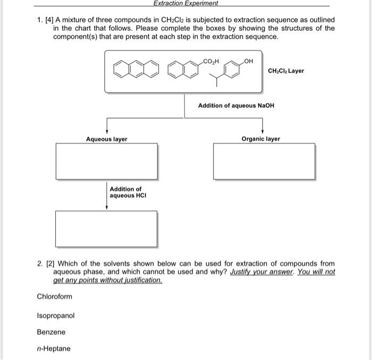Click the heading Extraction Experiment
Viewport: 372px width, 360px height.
pyautogui.click(x=185, y=3)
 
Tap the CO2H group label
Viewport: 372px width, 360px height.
pyautogui.click(x=212, y=61)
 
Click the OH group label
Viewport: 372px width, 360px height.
pyautogui.click(x=248, y=61)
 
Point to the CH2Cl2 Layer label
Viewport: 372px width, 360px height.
pyautogui.click(x=286, y=71)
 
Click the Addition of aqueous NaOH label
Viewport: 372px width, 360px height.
pyautogui.click(x=236, y=106)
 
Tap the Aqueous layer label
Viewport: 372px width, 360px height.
pyautogui.click(x=107, y=139)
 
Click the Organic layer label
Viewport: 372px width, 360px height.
pyautogui.click(x=260, y=139)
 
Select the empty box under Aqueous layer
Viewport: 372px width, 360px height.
pyautogui.click(x=107, y=161)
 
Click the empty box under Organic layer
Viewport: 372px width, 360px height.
pyautogui.click(x=264, y=161)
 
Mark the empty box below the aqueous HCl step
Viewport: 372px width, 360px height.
pyautogui.click(x=107, y=229)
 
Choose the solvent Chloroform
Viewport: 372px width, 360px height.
pyautogui.click(x=54, y=297)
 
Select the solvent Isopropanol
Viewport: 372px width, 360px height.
pyautogui.click(x=56, y=315)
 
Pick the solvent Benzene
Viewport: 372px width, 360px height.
pyautogui.click(x=51, y=332)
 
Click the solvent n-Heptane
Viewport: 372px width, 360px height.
pyautogui.click(x=53, y=349)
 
